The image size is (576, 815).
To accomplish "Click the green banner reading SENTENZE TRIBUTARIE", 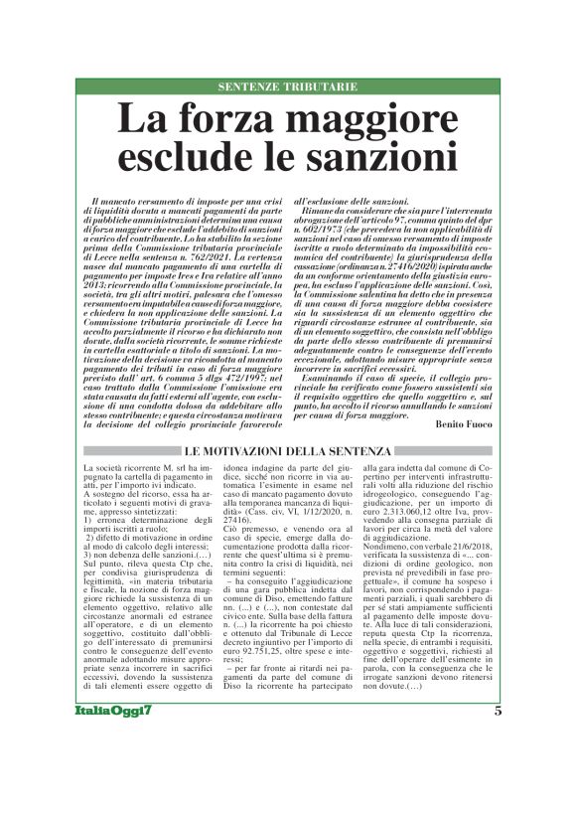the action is (287, 87).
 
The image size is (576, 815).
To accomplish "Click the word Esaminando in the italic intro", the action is (334, 367).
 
